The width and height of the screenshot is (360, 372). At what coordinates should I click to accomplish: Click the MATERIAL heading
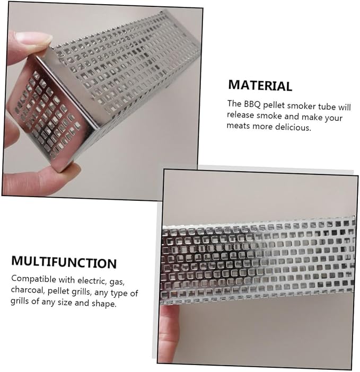[x=260, y=86]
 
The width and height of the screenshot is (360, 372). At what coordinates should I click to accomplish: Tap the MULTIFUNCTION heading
[x=64, y=262]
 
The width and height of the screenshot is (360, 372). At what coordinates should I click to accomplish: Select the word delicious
[x=293, y=127]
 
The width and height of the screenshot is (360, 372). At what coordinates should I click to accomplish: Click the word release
[x=240, y=115]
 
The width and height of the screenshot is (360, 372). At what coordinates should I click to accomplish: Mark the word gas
[x=117, y=282]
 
